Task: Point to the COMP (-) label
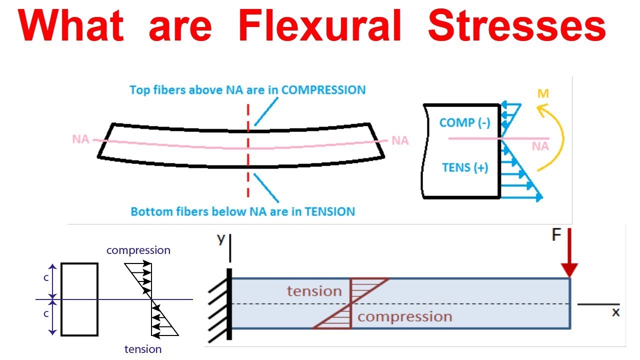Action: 465,122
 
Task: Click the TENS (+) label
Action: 465,167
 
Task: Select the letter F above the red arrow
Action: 556,235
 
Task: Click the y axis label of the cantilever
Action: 221,239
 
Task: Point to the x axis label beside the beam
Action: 615,312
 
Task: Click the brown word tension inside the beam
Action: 314,291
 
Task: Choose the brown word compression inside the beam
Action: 404,316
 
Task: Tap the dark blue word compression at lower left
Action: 138,250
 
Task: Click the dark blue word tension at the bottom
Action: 143,349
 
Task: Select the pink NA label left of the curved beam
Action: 80,139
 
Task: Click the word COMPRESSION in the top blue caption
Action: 323,90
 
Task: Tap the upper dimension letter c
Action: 46,277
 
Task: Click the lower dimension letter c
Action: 46,314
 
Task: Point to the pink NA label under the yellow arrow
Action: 540,146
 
